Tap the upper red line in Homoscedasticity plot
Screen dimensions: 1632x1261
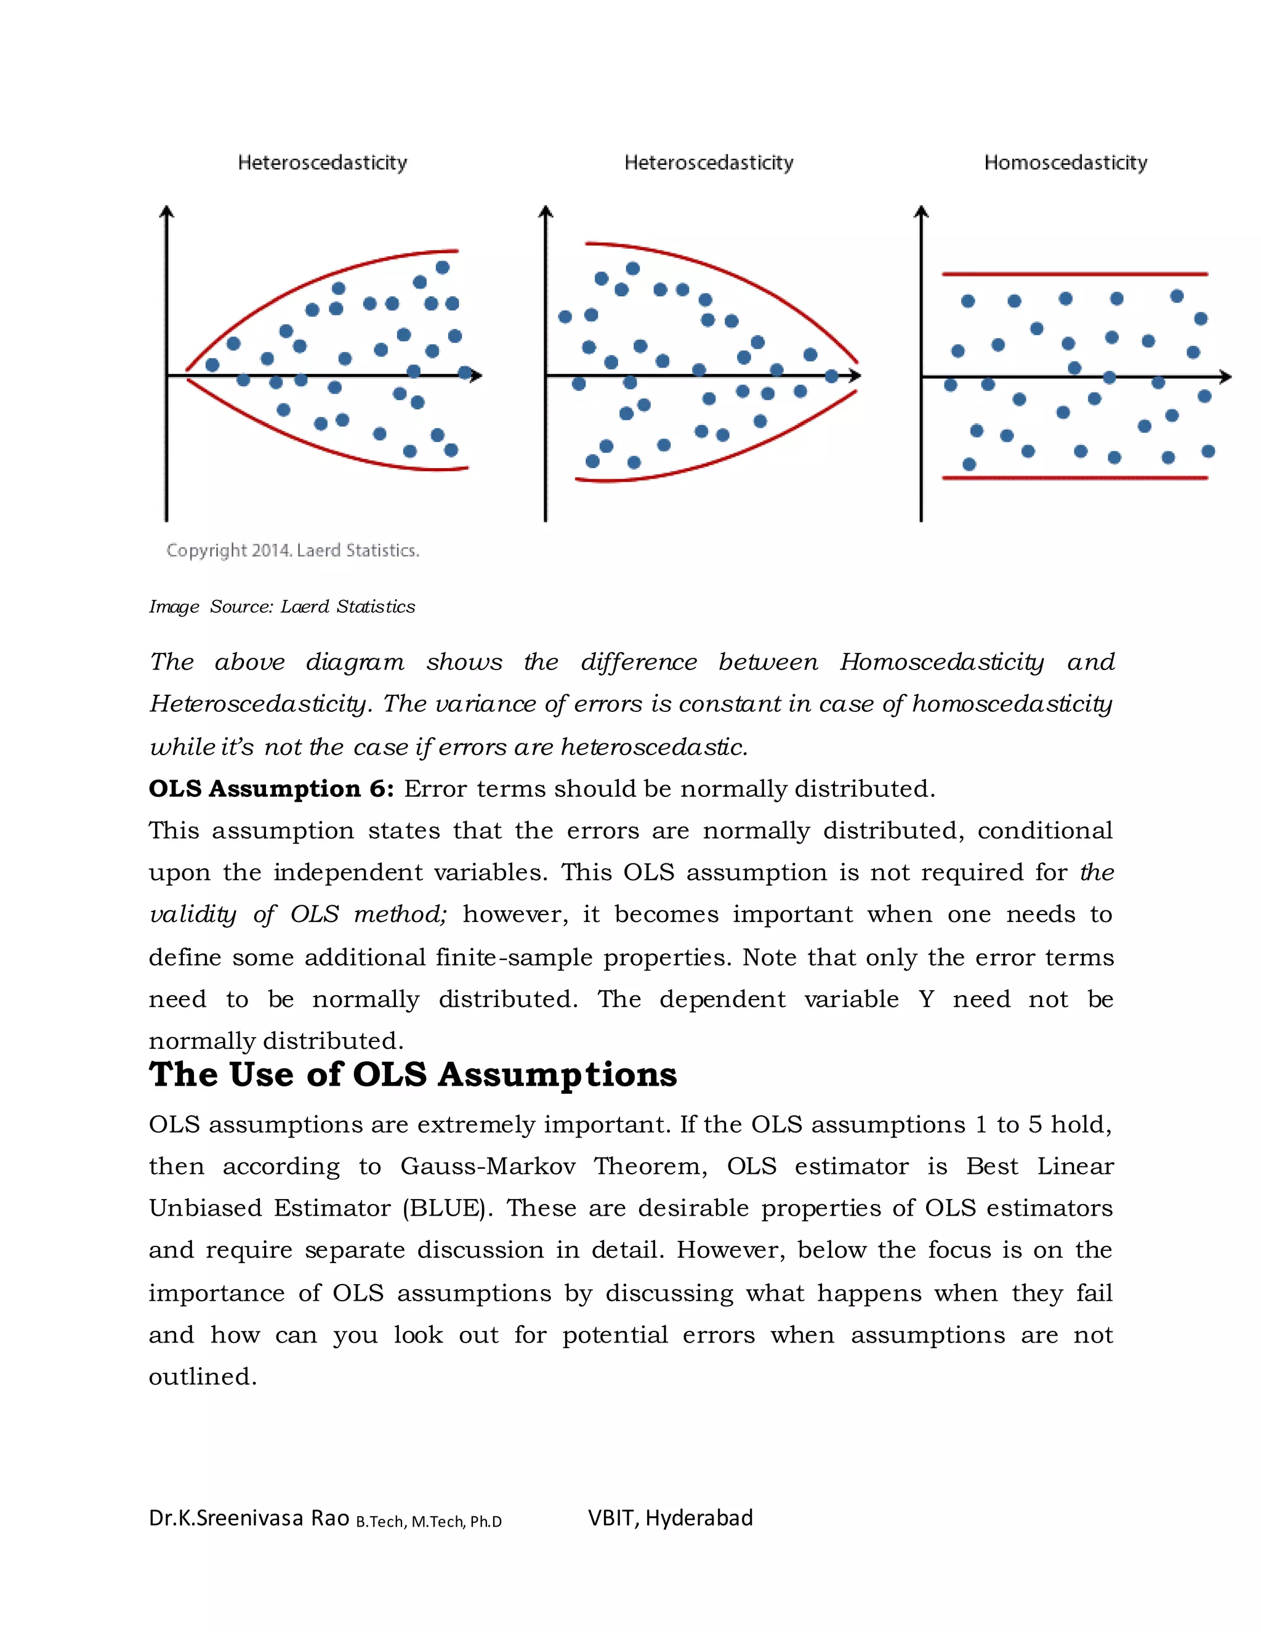1074,274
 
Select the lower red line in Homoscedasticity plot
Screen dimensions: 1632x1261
1074,477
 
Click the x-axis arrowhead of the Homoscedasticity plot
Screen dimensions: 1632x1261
1225,378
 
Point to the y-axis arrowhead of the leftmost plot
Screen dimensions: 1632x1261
167,212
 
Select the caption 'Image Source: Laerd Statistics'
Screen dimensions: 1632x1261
281,607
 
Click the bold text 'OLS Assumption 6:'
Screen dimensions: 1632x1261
270,789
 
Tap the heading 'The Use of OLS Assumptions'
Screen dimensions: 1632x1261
413,1075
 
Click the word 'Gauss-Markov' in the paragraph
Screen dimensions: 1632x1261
487,1166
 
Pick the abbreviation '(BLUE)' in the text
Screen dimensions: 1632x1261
447,1208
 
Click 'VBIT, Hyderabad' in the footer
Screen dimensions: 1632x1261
670,1517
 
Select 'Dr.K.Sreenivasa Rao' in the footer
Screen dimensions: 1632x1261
249,1517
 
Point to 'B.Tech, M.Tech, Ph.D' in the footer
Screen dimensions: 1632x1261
429,1521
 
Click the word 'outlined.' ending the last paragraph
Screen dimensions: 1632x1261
203,1376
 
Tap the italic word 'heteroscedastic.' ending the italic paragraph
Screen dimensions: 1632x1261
654,747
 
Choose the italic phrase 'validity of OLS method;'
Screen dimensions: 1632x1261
297,915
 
